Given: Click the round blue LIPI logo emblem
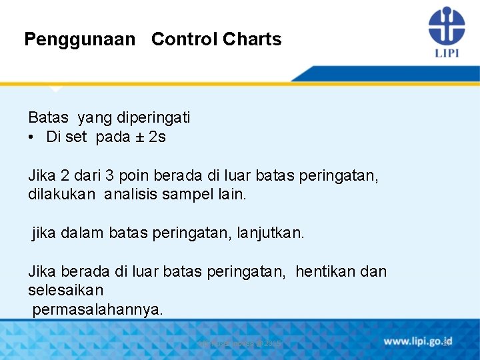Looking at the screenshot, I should click(x=446, y=25).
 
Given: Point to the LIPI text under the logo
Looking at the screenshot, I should click(x=447, y=53).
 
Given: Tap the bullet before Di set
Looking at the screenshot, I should click(x=32, y=138).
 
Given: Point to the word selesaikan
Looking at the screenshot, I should click(x=65, y=291).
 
